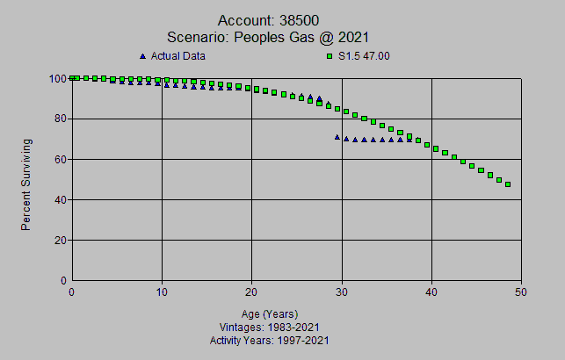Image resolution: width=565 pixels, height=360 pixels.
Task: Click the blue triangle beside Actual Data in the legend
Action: [143, 56]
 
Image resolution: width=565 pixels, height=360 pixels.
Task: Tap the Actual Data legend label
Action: [178, 56]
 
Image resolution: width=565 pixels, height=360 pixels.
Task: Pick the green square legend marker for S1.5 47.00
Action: [330, 56]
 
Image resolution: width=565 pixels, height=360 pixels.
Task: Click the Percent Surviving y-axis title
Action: [27, 184]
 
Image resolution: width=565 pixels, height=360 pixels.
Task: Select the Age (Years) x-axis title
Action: [270, 313]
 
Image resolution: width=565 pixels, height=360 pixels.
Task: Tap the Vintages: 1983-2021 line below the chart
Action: [270, 327]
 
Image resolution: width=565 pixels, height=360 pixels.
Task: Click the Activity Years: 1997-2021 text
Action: [270, 340]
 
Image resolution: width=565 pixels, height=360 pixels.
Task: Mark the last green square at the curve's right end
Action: [508, 184]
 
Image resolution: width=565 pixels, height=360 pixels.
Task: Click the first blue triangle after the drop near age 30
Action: [337, 137]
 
